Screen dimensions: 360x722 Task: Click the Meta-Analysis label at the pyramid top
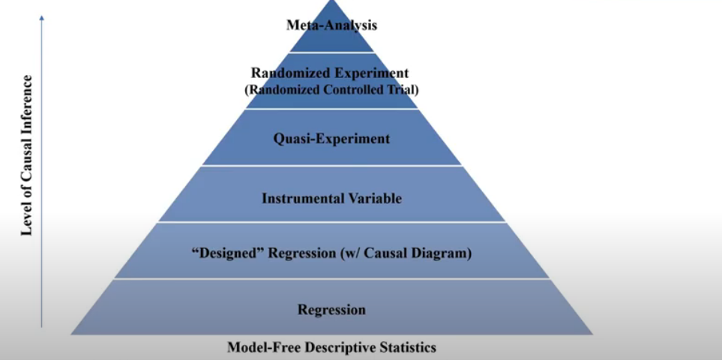[x=331, y=25]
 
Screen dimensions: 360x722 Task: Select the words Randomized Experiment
[x=331, y=73]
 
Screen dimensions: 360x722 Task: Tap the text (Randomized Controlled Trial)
[x=331, y=89]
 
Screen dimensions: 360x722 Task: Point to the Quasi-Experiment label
[x=331, y=139]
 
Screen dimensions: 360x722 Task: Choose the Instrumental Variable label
[x=331, y=199]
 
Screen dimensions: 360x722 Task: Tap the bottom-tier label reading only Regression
[x=331, y=309]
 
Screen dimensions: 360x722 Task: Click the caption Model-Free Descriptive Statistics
[x=331, y=347]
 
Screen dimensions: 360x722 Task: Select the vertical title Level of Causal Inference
[x=27, y=155]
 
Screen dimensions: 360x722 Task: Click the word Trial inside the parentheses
[x=401, y=89]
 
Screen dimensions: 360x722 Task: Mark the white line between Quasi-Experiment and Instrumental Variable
[x=331, y=166]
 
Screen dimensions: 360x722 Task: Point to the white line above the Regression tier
[x=331, y=279]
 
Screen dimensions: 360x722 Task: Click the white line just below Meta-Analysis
[x=331, y=52]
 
